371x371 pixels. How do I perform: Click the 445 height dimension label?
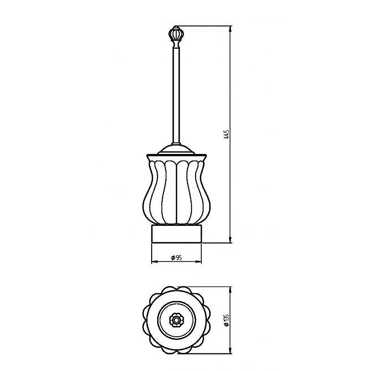coord(226,134)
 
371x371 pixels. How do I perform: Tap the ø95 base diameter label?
coord(177,258)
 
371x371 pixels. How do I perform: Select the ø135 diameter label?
coord(226,320)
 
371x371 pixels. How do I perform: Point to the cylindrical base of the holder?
coord(177,234)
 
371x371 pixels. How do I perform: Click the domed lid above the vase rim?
coord(177,149)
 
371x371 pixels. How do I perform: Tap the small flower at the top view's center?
coord(176,320)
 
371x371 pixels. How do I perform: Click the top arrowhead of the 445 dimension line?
coord(230,29)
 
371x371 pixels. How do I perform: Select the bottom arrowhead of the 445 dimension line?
coord(230,239)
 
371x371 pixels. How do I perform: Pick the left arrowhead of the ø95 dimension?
coord(154,262)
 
